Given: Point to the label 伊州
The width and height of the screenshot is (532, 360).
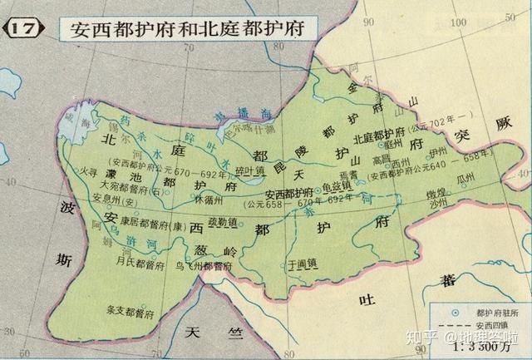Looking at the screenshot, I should (439, 153).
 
